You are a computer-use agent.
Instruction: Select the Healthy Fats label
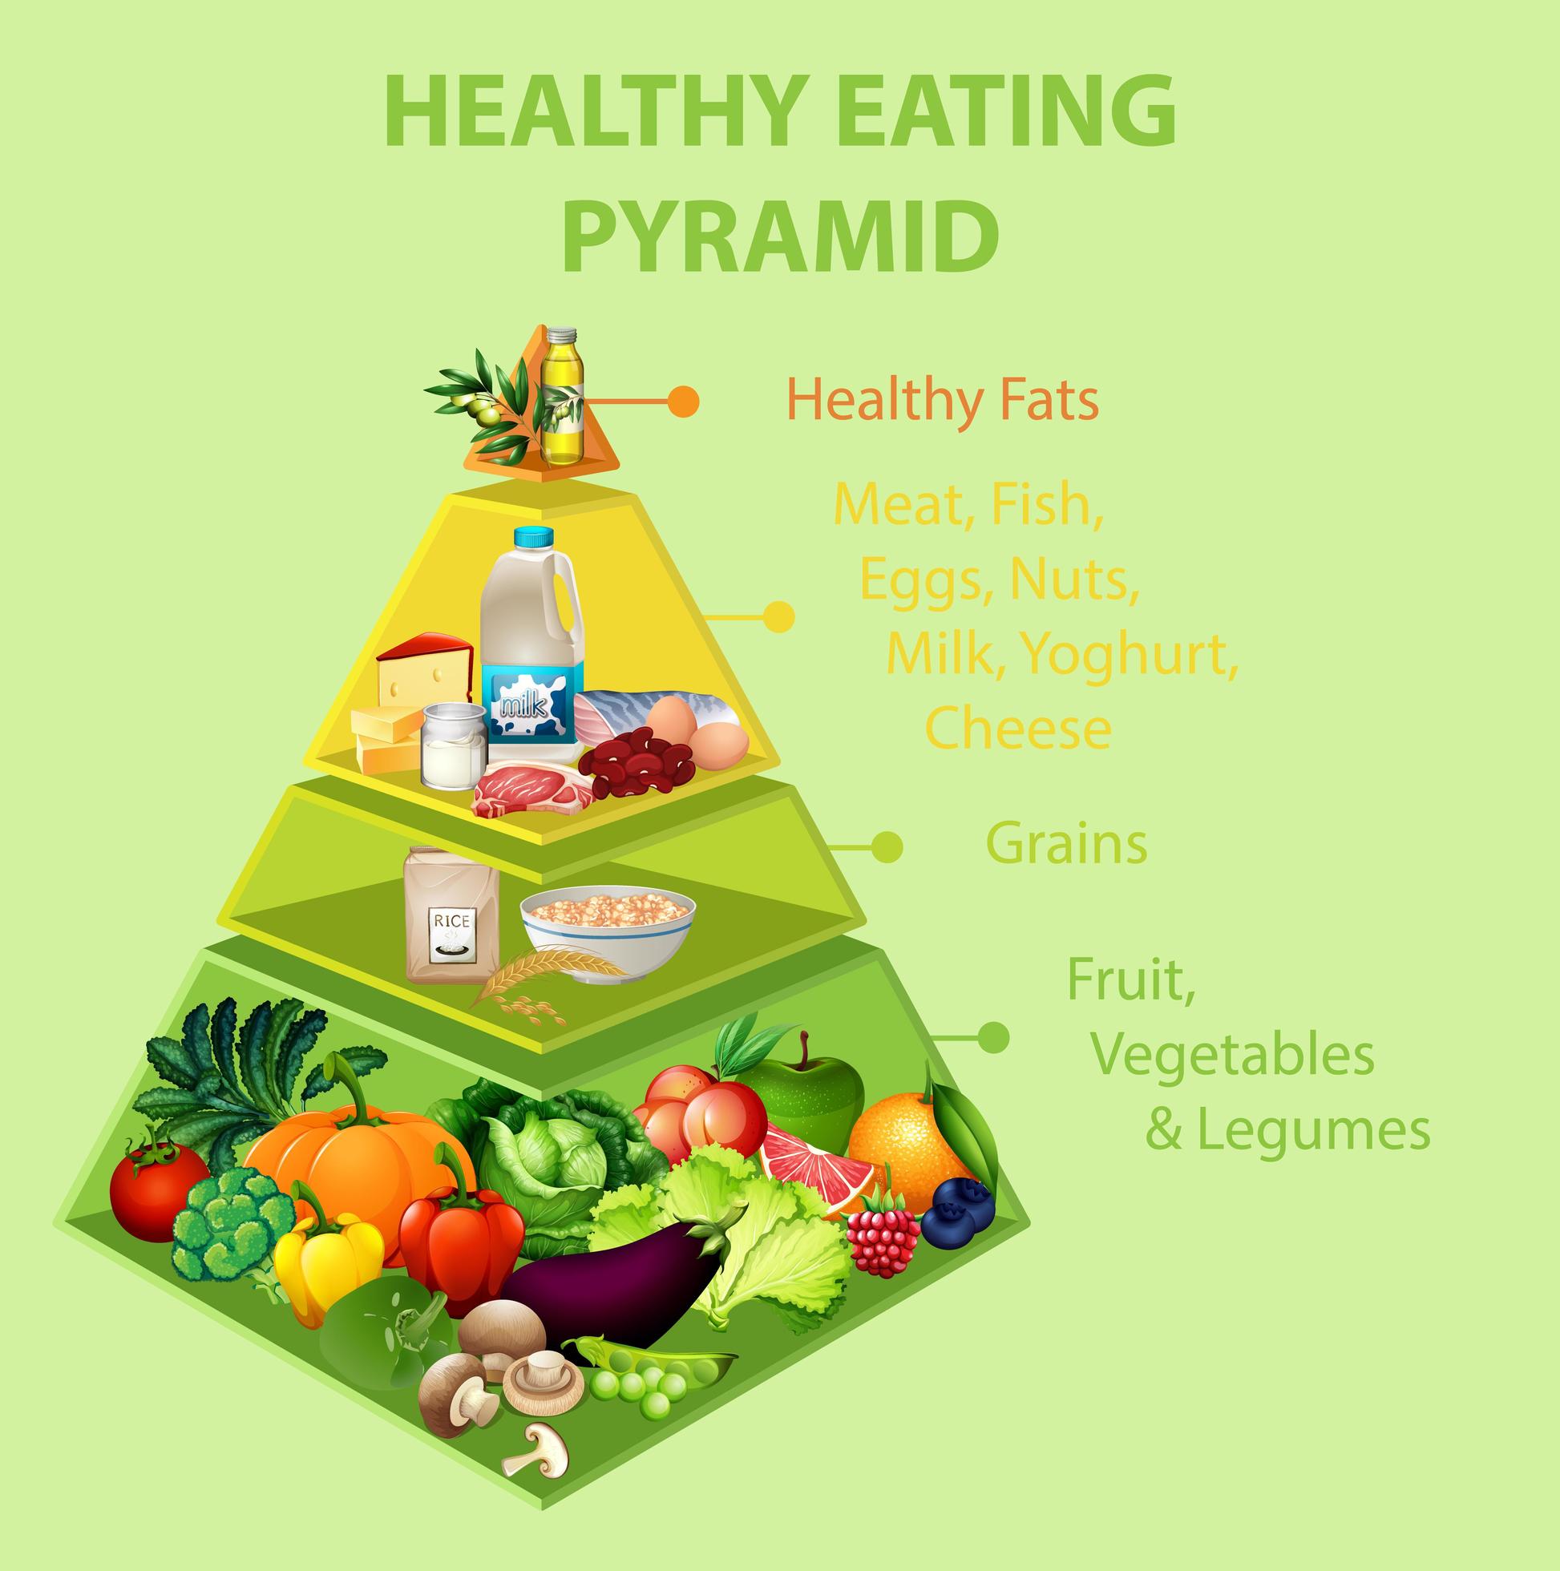tap(943, 400)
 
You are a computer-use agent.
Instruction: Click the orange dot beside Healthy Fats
tap(683, 401)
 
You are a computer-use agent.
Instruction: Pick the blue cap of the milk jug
tap(533, 538)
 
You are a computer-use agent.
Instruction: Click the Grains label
tap(1066, 844)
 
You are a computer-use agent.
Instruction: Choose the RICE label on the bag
tap(452, 921)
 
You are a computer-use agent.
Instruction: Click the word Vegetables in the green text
tap(1232, 1054)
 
